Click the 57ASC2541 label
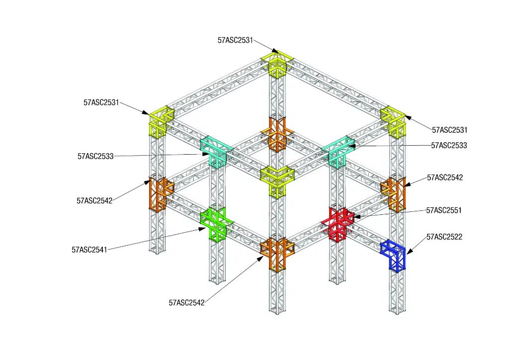coord(89,250)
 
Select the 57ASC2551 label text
coord(444,210)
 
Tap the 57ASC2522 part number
coord(444,237)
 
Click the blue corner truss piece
coord(393,255)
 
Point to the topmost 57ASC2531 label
coord(235,40)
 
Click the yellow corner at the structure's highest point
coord(277,65)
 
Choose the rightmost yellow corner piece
coord(393,121)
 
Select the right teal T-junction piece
coord(338,151)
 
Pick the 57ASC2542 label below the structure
coord(187,303)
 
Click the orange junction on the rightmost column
coord(393,194)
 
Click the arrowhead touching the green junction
coord(203,229)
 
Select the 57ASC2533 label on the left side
coord(95,157)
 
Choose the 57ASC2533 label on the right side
coord(449,145)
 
